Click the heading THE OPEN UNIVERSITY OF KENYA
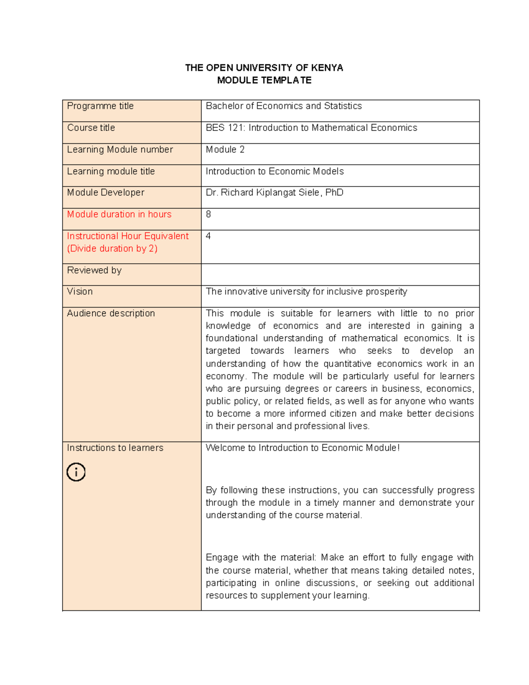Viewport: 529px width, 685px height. tap(264, 67)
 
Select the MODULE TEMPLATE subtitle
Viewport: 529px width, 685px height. tap(264, 80)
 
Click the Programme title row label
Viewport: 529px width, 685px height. tap(100, 106)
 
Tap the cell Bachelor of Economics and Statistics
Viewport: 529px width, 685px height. tap(283, 106)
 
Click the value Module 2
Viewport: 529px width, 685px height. tap(225, 150)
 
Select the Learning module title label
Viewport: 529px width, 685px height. tap(111, 171)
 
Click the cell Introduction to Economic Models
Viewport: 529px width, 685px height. tap(275, 171)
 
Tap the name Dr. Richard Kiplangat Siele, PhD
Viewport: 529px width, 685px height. tap(274, 193)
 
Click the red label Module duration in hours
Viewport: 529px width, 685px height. tap(119, 214)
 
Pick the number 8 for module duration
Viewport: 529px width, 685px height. tap(209, 214)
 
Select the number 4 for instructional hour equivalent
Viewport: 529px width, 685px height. tap(208, 236)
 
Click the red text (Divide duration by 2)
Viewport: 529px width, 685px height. tap(112, 249)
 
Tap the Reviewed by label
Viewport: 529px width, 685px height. tap(94, 270)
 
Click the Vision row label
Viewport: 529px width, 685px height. tap(80, 292)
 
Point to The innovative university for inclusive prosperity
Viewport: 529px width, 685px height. tap(306, 292)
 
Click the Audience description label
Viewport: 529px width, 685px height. tap(111, 313)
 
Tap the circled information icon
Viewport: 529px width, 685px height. tap(76, 472)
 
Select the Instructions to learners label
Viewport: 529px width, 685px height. tap(115, 448)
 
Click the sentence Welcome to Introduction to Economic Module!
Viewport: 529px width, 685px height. tap(302, 448)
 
